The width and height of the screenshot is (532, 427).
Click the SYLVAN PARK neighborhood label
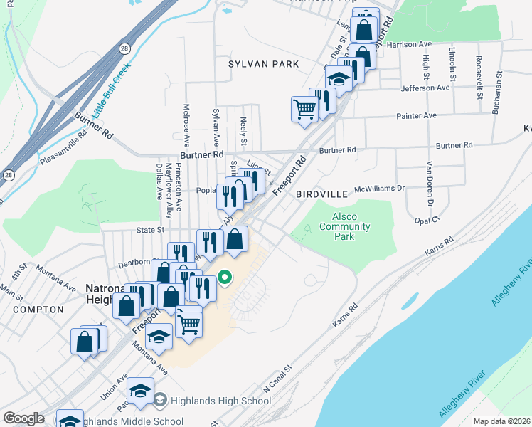point(264,64)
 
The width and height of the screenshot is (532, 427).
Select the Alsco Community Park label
point(344,227)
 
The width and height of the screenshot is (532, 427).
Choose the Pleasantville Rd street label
point(63,147)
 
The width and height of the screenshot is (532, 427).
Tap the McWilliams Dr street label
point(379,189)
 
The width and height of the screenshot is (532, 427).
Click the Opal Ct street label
point(427,221)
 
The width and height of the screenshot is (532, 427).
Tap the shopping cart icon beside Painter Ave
point(304,110)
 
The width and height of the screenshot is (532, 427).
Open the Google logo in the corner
point(23,418)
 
